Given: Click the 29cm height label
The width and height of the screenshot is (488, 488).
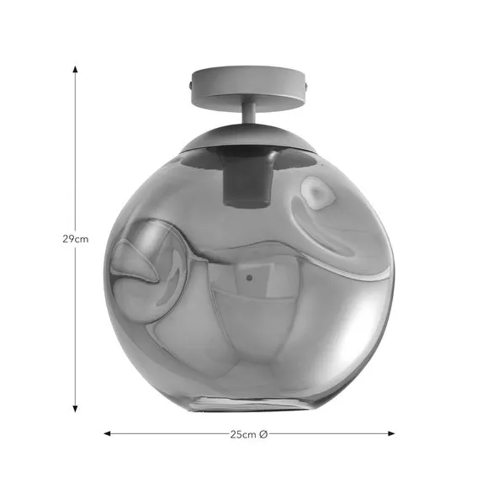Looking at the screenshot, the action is click(x=76, y=239).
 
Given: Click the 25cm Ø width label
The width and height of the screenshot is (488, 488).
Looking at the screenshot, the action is click(x=249, y=434).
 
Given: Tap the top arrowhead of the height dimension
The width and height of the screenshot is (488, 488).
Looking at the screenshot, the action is click(x=75, y=69).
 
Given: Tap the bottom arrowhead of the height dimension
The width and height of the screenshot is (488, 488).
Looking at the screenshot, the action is click(x=75, y=409).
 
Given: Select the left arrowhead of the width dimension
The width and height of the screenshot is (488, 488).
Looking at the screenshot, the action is click(x=107, y=433).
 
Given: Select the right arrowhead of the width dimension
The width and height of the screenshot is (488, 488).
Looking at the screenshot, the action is click(x=391, y=433).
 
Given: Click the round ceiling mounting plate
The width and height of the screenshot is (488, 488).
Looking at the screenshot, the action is click(x=249, y=88).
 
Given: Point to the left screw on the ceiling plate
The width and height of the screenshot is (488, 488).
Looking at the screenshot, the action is click(x=190, y=84).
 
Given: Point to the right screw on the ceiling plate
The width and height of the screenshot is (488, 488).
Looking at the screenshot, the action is click(x=307, y=84).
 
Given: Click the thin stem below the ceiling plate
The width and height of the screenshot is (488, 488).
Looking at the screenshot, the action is click(x=249, y=117).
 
